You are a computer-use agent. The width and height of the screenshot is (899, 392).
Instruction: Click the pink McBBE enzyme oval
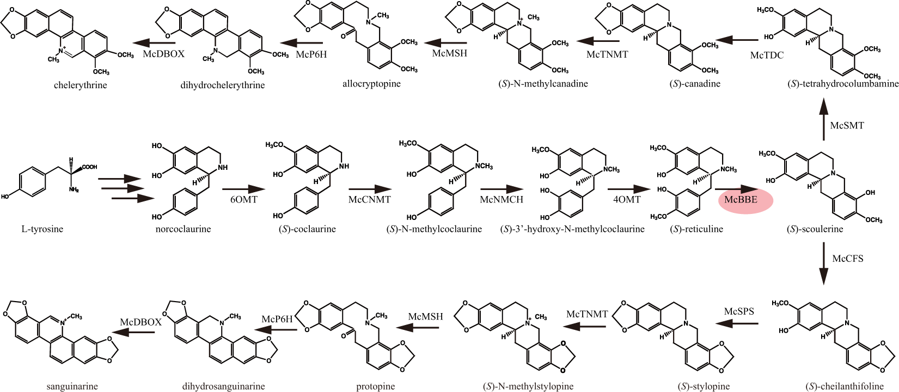tap(745, 200)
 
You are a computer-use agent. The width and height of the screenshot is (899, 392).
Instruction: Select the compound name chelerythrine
tap(81, 85)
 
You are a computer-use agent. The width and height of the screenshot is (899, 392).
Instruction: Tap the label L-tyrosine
tap(42, 229)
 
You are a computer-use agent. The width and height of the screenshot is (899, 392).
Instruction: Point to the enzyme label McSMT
tap(847, 125)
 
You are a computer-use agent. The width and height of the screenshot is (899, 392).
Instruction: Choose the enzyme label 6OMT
tap(244, 200)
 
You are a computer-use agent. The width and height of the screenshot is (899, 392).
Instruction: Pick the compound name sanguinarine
tap(72, 387)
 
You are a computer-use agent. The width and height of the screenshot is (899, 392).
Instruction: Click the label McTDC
tap(767, 55)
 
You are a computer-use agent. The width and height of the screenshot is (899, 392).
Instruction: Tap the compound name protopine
tap(376, 387)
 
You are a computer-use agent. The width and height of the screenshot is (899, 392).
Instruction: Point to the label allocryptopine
tap(371, 84)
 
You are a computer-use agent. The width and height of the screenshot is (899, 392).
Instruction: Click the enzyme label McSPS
tap(739, 311)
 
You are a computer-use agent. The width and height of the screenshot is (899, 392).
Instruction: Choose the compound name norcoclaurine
tap(183, 229)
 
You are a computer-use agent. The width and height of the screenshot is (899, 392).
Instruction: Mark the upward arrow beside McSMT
tap(823, 118)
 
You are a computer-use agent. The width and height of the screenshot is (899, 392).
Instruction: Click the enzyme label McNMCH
tap(502, 200)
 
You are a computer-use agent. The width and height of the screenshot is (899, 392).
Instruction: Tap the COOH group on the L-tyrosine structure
tap(89, 167)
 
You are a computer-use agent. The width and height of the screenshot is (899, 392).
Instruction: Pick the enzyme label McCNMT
tap(370, 200)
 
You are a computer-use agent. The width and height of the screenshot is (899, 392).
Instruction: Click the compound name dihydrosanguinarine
tap(224, 387)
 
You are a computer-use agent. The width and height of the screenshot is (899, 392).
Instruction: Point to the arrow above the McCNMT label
tap(370, 189)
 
